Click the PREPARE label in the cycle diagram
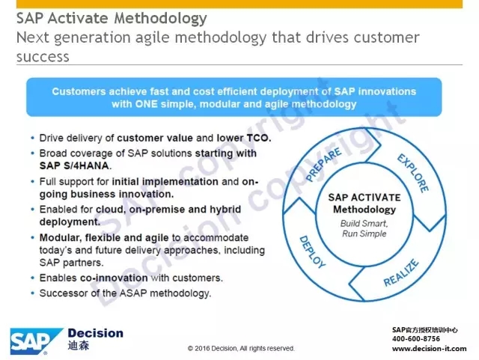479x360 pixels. [x=323, y=164]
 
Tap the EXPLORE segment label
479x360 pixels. [x=413, y=173]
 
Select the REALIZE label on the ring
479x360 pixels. [x=401, y=273]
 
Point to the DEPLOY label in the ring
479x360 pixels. [x=312, y=252]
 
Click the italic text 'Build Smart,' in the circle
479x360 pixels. [x=364, y=223]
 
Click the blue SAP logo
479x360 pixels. [x=36, y=341]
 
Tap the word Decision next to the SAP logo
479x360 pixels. [x=96, y=333]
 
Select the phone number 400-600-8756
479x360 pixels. [x=416, y=339]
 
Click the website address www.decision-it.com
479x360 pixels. [x=429, y=349]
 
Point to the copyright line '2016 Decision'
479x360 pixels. [x=216, y=348]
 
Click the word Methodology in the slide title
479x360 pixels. [x=160, y=18]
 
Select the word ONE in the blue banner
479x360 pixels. [x=147, y=104]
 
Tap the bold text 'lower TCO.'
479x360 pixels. [x=244, y=138]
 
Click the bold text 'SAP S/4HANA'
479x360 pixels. [x=74, y=165]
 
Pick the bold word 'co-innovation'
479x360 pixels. [x=114, y=278]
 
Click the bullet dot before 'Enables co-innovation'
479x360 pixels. [x=33, y=278]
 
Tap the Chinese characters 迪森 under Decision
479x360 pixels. [x=79, y=346]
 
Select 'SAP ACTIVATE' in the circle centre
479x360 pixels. [x=364, y=198]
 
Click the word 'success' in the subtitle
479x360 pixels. [x=43, y=57]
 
